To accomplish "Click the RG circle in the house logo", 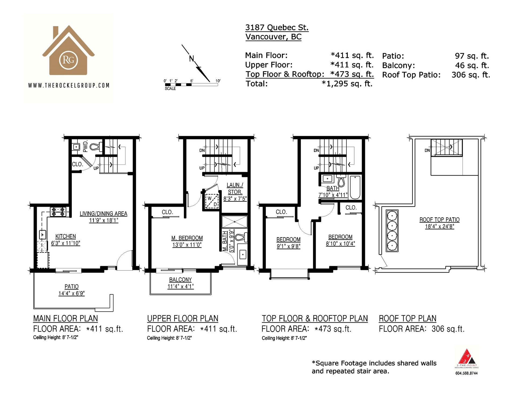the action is (69, 60).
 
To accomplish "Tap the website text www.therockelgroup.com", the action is (69, 85).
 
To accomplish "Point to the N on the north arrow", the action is (192, 59).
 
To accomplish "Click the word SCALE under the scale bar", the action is (170, 88).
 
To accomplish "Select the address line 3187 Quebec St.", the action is (277, 27).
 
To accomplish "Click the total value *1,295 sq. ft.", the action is (347, 84).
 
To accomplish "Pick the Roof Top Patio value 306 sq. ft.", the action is (471, 75).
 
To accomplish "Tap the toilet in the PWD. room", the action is (95, 147).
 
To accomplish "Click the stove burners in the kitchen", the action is (58, 212).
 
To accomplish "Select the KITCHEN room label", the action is (66, 236).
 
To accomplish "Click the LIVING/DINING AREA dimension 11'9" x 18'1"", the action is (104, 220).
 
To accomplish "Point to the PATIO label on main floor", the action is (71, 287).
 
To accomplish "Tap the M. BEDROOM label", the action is (187, 238).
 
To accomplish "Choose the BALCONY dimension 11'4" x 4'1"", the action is (181, 286).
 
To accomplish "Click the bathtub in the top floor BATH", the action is (355, 187).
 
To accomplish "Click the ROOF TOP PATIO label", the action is (439, 220).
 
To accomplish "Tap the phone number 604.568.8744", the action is (466, 373).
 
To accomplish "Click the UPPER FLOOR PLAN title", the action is (182, 318).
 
